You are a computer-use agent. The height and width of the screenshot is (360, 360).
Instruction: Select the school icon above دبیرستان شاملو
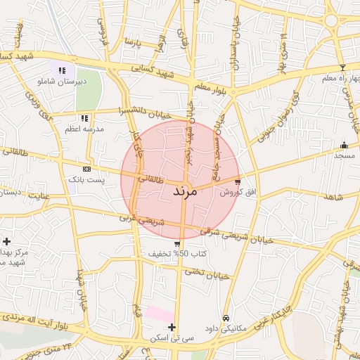point(63,70)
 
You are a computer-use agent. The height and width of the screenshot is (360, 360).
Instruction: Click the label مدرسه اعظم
point(84,129)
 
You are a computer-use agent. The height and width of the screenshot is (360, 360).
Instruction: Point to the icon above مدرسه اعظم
point(84,118)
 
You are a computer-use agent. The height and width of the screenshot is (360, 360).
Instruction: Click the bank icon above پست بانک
point(86,169)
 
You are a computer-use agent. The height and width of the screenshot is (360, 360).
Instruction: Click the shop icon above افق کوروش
point(237,181)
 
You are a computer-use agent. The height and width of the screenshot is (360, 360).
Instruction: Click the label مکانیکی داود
point(225,328)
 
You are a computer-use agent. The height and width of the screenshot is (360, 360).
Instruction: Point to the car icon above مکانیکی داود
point(226,317)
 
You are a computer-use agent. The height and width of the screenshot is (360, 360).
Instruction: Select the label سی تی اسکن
point(172,338)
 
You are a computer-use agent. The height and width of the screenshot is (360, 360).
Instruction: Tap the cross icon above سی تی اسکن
point(172,327)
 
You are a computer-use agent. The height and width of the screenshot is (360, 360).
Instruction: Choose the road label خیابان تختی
point(210,274)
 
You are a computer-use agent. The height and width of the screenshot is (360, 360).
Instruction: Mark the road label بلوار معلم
point(211,86)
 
